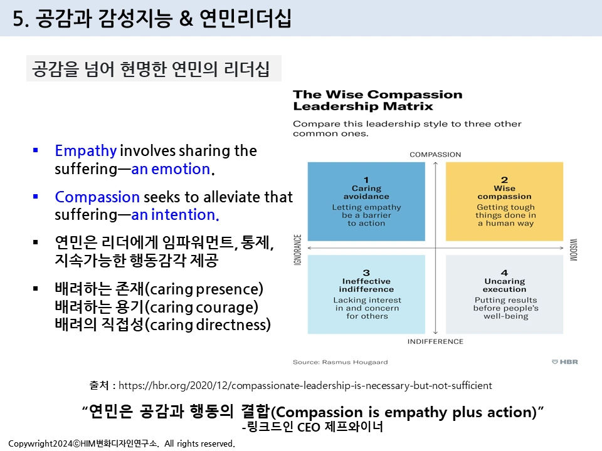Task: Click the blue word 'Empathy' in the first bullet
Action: [85, 151]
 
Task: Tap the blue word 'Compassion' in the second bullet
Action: [97, 197]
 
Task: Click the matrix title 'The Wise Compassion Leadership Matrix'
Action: [378, 100]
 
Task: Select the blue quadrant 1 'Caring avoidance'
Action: [366, 202]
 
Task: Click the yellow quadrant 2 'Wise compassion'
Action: [505, 202]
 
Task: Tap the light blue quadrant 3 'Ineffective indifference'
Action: [366, 294]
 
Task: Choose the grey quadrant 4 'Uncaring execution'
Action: [505, 294]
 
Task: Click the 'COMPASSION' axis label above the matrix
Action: [435, 154]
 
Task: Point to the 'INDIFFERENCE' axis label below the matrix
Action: [435, 341]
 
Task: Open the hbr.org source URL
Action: [305, 385]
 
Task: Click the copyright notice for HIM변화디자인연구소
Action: [122, 443]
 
